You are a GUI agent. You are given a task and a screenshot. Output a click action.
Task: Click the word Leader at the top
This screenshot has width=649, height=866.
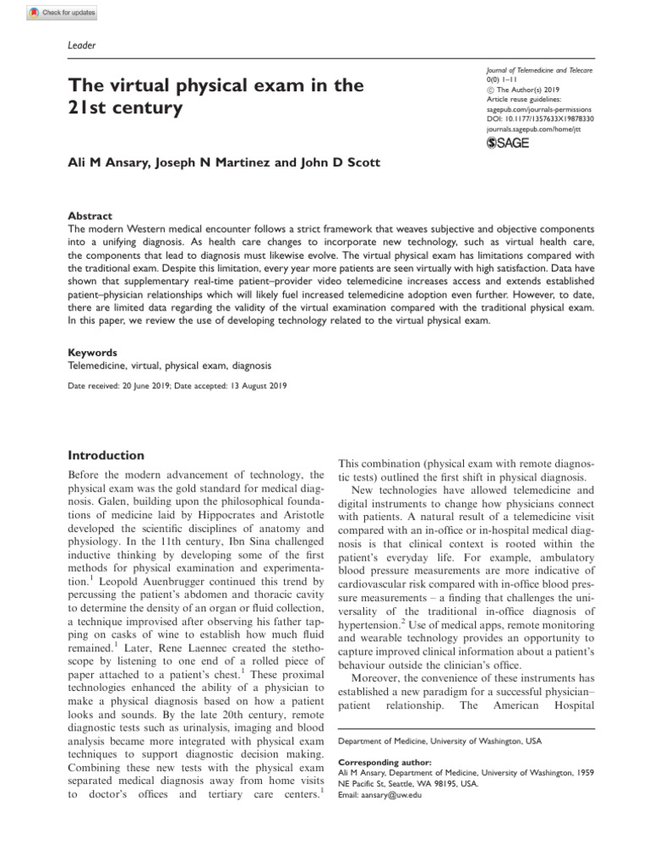coord(81,45)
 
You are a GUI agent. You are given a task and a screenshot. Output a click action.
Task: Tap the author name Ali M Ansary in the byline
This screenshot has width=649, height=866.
coord(108,162)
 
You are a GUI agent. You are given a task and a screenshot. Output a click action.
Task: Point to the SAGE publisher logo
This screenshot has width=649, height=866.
coord(508,144)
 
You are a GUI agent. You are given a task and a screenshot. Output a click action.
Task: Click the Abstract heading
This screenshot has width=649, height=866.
coord(90,216)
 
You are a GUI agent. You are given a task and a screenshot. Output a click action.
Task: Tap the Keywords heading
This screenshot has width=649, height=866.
coord(92,352)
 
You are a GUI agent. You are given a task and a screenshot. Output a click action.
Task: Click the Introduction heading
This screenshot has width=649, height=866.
coord(106,455)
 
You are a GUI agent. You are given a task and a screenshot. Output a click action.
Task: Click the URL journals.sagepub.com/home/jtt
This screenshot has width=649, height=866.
coord(533,129)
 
